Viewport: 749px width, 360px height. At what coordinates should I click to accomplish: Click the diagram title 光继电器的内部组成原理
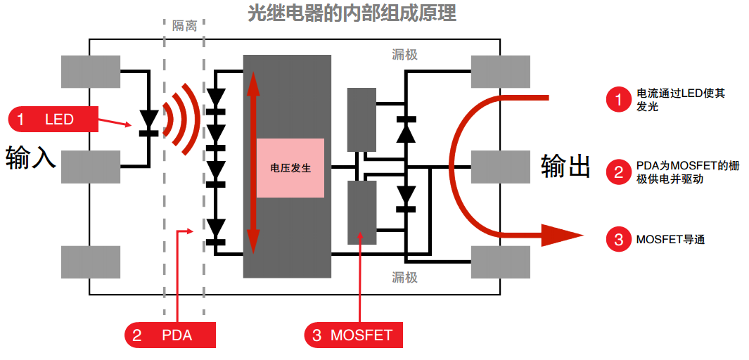[352, 13]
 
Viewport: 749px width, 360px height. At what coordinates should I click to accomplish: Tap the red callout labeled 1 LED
[53, 119]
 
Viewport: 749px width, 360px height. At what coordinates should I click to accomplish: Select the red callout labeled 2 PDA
[170, 335]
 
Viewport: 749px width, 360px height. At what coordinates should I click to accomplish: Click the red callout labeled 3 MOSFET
[354, 335]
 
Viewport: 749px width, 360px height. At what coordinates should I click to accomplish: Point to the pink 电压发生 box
[290, 168]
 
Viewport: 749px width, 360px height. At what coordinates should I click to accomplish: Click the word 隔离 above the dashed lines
[184, 26]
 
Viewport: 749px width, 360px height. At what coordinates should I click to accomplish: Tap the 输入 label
[30, 158]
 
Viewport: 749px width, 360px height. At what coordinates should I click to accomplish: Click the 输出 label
[565, 167]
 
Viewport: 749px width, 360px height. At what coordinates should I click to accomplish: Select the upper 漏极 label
[404, 55]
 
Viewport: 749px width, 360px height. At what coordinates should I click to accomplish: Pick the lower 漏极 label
[404, 277]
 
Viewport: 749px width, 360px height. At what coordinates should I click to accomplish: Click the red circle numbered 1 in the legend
[619, 101]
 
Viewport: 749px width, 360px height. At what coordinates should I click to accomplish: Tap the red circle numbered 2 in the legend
[619, 172]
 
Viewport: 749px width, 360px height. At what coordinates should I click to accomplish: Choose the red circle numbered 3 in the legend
[619, 239]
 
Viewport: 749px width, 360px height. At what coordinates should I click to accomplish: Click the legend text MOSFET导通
[670, 239]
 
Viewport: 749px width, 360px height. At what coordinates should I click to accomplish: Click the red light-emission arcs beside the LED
[184, 120]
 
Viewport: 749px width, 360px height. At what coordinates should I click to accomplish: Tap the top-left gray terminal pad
[91, 72]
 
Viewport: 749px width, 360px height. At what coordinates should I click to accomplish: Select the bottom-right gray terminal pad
[501, 262]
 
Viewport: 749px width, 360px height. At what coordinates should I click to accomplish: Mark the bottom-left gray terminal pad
[91, 262]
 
